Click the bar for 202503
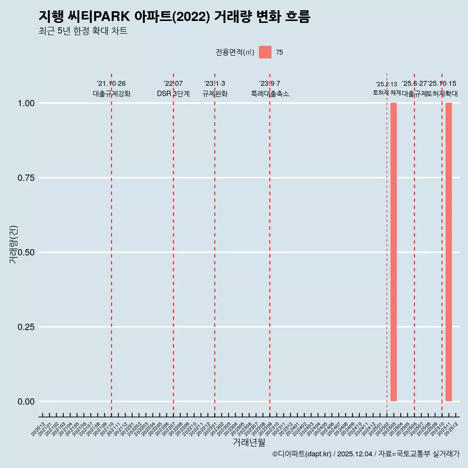pyautogui.click(x=393, y=252)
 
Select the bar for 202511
pyautogui.click(x=448, y=252)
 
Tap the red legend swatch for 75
pyautogui.click(x=265, y=52)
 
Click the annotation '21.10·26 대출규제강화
pyautogui.click(x=111, y=89)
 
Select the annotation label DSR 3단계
pyautogui.click(x=173, y=94)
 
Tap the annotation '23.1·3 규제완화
pyautogui.click(x=214, y=89)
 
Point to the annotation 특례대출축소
pyautogui.click(x=270, y=94)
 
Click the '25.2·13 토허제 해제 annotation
pyautogui.click(x=387, y=88)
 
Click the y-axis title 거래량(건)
pyautogui.click(x=14, y=245)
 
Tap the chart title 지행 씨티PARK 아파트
pyautogui.click(x=174, y=17)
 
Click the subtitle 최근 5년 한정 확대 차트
pyautogui.click(x=83, y=31)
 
